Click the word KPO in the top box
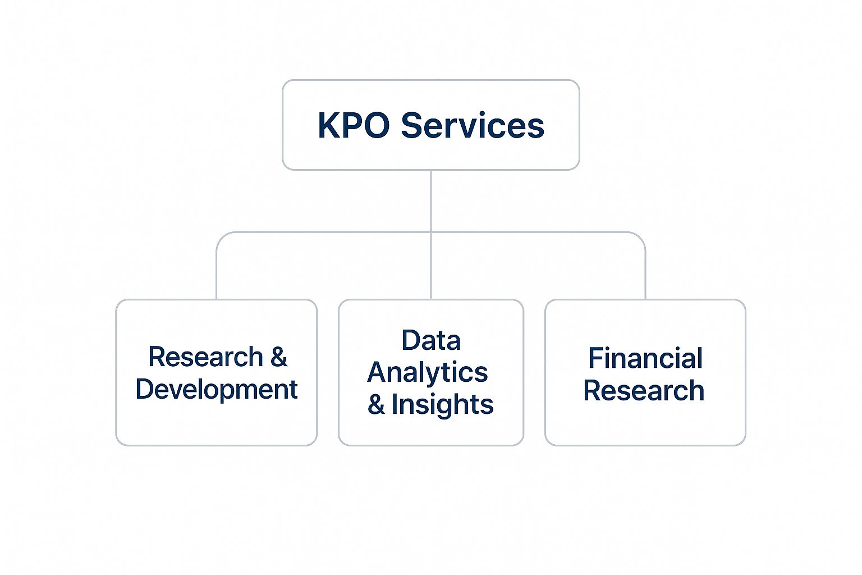point(354,125)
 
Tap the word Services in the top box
point(472,125)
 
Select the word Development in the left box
point(217,389)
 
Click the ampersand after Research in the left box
point(279,357)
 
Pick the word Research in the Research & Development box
point(205,357)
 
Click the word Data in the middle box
point(431,340)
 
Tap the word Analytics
point(428,372)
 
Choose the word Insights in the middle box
point(442,404)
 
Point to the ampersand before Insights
point(376,404)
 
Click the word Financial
point(645,358)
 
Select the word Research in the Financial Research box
point(644,390)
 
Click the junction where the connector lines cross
point(431,232)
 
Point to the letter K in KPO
point(328,125)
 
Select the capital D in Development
point(145,389)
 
